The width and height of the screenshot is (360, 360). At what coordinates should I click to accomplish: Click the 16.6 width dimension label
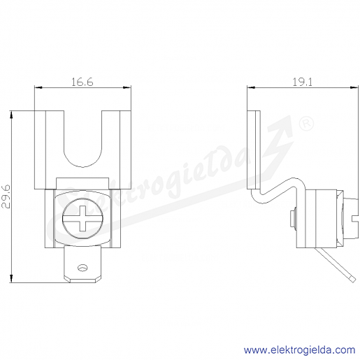[82, 82]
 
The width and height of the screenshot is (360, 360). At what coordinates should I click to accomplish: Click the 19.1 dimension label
[302, 82]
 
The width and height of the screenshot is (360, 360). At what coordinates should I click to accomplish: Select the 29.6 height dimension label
[6, 196]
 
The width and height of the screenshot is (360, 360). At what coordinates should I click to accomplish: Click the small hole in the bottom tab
[82, 268]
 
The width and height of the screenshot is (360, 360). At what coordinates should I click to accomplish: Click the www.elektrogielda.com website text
[299, 350]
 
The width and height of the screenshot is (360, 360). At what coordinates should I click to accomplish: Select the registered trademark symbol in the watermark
[306, 124]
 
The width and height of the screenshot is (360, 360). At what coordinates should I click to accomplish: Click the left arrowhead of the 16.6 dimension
[38, 87]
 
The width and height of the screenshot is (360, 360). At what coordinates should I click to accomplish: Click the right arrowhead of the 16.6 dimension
[127, 87]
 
